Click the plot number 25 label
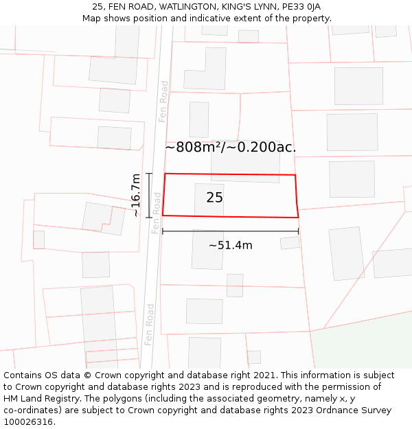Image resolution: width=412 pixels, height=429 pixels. pyautogui.click(x=214, y=198)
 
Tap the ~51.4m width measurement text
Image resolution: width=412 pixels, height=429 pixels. pyautogui.click(x=231, y=245)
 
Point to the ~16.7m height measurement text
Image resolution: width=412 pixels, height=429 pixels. pyautogui.click(x=136, y=196)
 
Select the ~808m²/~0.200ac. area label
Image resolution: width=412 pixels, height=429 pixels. pyautogui.click(x=231, y=147)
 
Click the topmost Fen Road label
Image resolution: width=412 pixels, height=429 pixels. pyautogui.click(x=163, y=102)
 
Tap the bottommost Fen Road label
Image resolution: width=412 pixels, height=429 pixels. pyautogui.click(x=149, y=325)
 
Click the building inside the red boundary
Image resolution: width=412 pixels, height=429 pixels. pyautogui.click(x=209, y=199)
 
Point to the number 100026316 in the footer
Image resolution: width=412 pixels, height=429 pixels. pyautogui.click(x=28, y=422)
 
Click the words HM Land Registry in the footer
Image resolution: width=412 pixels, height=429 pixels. pyautogui.click(x=38, y=399)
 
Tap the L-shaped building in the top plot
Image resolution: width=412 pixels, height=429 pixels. pyautogui.click(x=205, y=69)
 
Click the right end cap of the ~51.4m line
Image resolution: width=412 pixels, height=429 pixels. pyautogui.click(x=299, y=231)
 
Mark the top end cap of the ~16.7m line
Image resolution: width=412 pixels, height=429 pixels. pyautogui.click(x=149, y=174)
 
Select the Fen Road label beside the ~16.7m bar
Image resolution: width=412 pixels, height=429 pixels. pyautogui.click(x=157, y=213)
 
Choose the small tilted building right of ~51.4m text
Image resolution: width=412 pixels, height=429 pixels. pyautogui.click(x=290, y=243)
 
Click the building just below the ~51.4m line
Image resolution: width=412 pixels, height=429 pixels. pyautogui.click(x=207, y=251)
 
